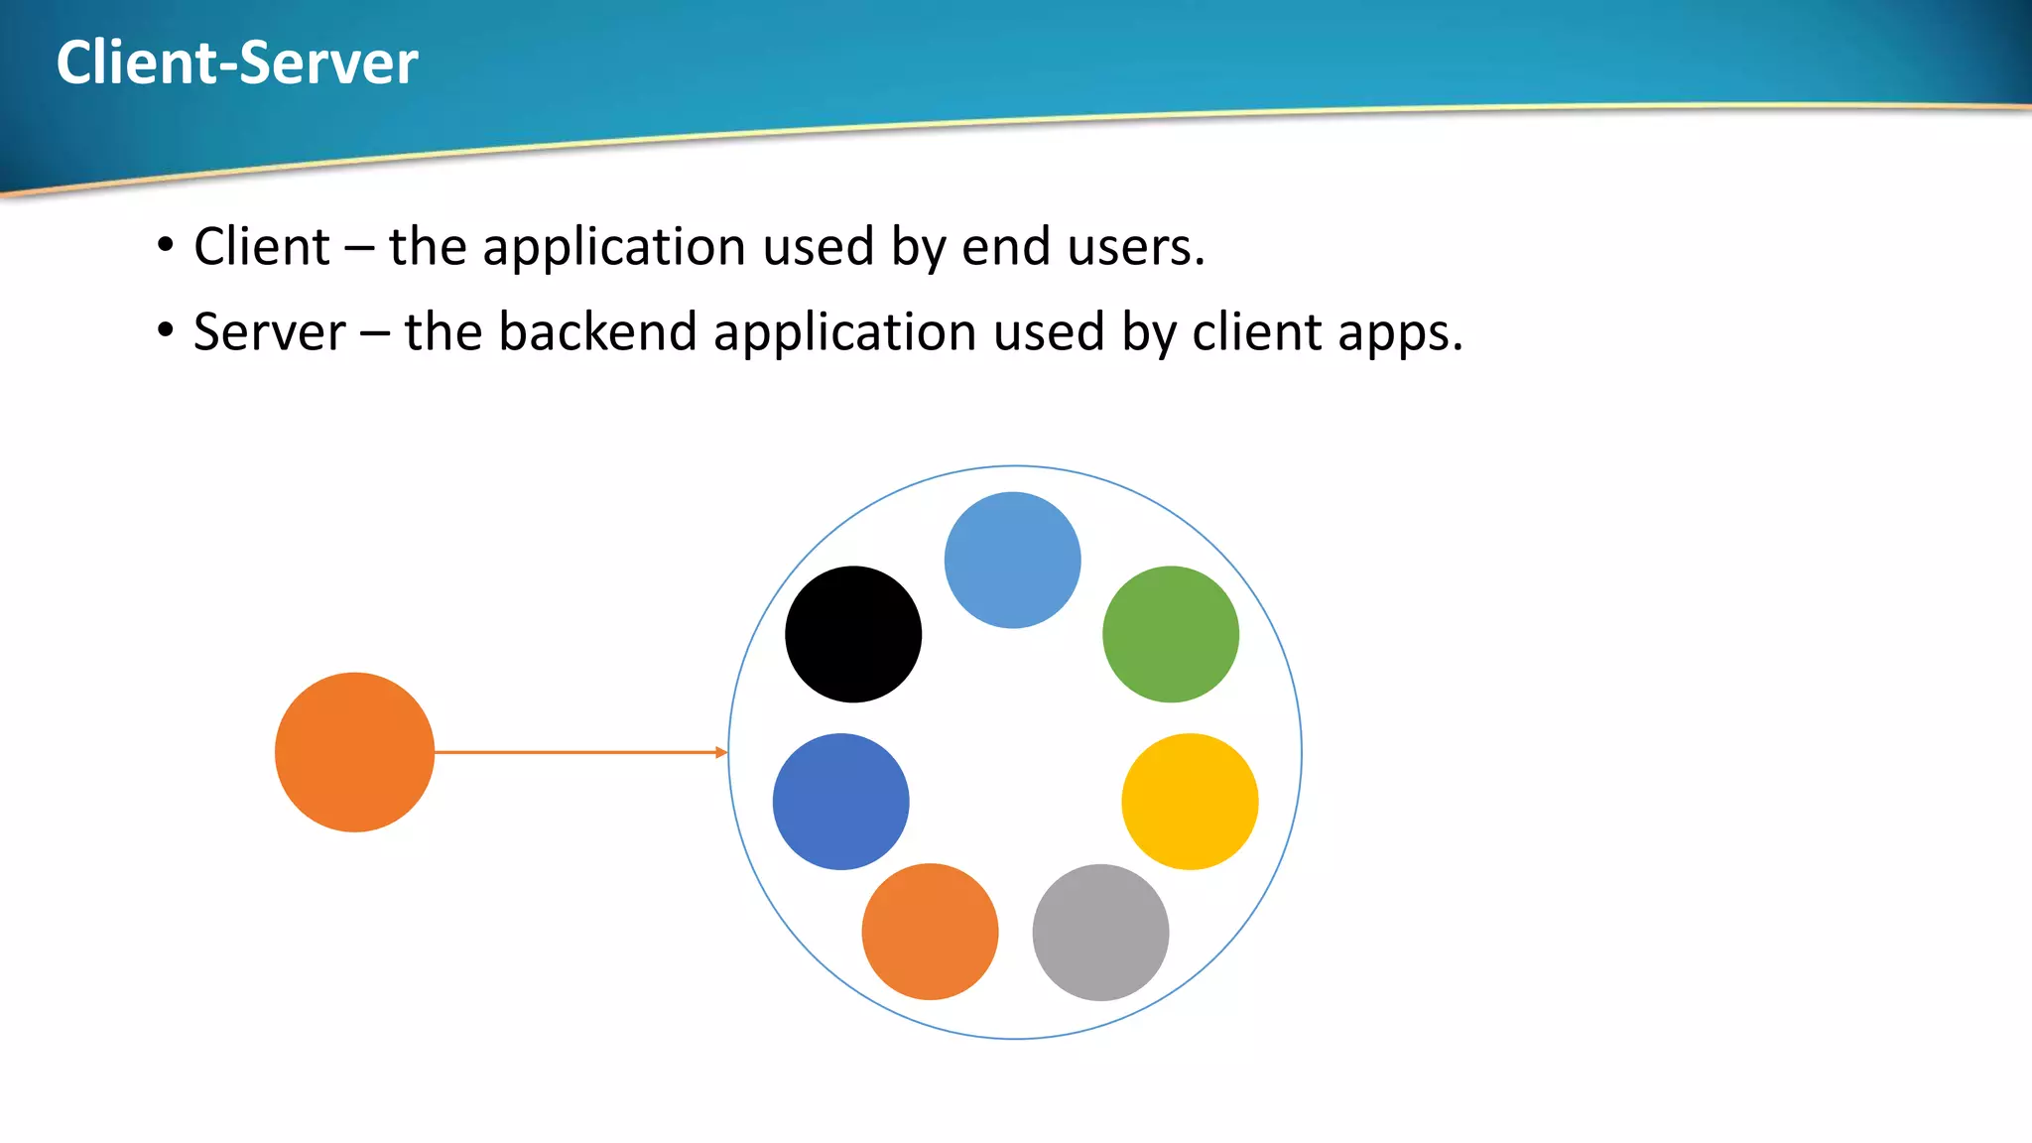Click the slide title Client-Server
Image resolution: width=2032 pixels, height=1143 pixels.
pos(237,63)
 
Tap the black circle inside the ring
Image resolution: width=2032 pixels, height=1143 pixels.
pos(853,634)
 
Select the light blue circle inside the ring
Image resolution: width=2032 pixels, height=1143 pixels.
pos(1012,560)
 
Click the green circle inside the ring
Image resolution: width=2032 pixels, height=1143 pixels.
pos(1171,634)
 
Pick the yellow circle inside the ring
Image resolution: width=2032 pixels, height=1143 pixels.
pos(1190,802)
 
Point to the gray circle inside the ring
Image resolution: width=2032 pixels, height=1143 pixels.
pos(1100,932)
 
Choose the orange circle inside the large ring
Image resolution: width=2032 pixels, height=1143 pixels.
pos(930,931)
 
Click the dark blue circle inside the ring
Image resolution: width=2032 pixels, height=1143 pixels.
pos(840,802)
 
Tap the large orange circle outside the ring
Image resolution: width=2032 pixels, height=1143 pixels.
pos(354,752)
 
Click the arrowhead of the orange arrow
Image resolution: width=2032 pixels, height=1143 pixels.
pos(721,752)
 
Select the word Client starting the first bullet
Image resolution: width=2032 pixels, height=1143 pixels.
pos(262,246)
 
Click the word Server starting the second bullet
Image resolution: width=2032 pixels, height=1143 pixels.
pos(269,331)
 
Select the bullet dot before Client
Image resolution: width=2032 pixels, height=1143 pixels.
pos(165,244)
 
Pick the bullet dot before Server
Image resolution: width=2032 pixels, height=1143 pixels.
pos(165,329)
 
